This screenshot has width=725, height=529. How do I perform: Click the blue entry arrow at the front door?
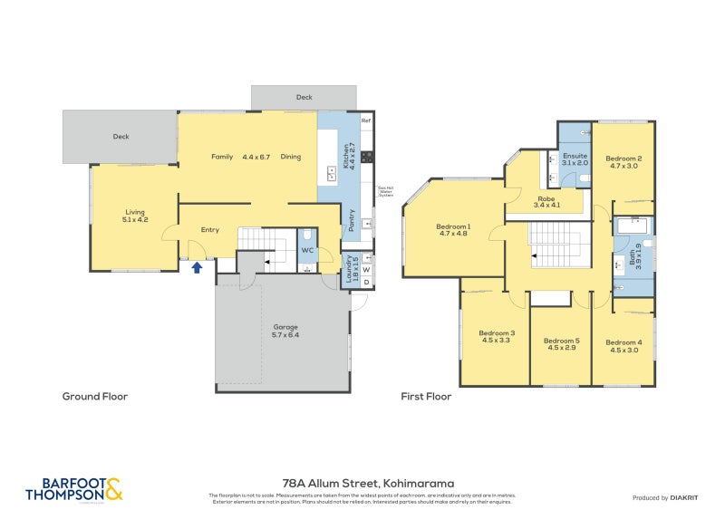(197, 267)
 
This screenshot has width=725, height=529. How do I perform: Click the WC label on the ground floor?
(307, 249)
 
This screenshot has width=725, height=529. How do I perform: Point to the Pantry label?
(352, 221)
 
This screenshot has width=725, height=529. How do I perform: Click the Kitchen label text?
(346, 156)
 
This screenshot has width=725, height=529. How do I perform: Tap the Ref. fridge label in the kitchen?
(366, 120)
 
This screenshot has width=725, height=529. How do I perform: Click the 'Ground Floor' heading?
(94, 396)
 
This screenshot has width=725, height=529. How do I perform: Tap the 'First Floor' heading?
(426, 396)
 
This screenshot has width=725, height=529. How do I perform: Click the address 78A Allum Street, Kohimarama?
(362, 484)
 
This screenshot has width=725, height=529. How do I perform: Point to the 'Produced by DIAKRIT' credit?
(670, 498)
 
